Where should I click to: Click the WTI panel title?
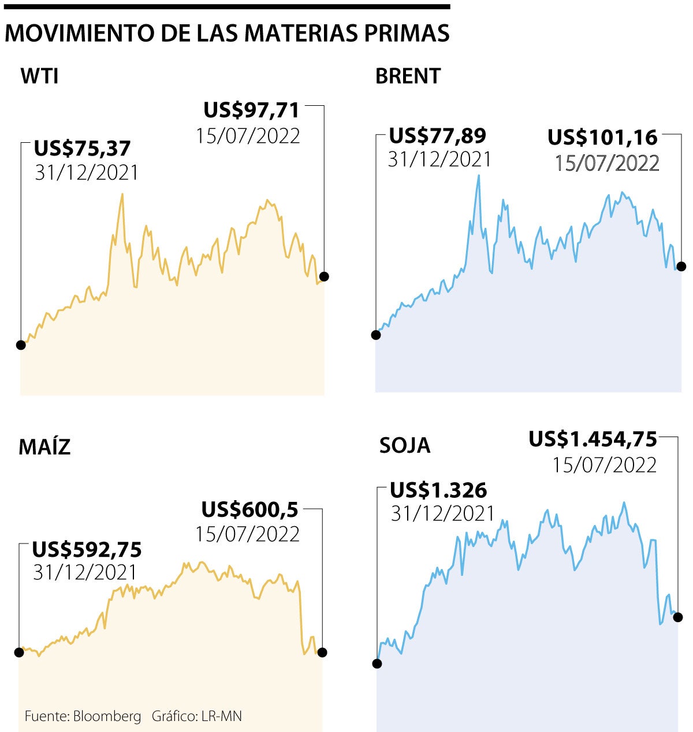point(39,76)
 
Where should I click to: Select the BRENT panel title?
point(408,76)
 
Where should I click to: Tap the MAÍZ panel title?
point(44,446)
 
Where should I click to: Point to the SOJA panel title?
point(405,445)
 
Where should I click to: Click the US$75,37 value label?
point(83,148)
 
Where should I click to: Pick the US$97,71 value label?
point(252,110)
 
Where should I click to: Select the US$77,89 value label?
point(438,136)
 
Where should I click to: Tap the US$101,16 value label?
point(602,138)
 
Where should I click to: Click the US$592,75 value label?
point(87,549)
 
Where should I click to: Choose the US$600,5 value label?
point(249,509)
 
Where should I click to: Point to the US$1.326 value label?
point(438,490)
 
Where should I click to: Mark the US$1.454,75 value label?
point(593,439)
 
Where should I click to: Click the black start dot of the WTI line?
point(21,345)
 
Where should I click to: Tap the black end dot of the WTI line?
point(324,276)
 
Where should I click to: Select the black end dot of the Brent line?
point(681,266)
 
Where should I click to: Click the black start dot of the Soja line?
point(377,663)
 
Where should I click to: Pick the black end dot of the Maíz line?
point(322,652)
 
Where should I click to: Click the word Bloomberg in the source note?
point(107,716)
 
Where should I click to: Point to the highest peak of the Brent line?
point(479,175)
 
